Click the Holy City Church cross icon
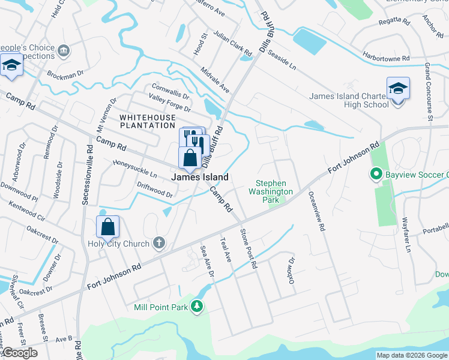pyautogui.click(x=158, y=243)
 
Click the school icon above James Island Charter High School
pyautogui.click(x=397, y=89)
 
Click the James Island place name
pyautogui.click(x=200, y=177)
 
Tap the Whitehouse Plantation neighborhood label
pyautogui.click(x=147, y=121)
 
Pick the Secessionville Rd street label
pyautogui.click(x=87, y=174)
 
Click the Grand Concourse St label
pyautogui.click(x=429, y=91)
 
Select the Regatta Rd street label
pyautogui.click(x=394, y=22)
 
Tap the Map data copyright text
pyautogui.click(x=412, y=355)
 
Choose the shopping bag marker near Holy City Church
pyautogui.click(x=107, y=227)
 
